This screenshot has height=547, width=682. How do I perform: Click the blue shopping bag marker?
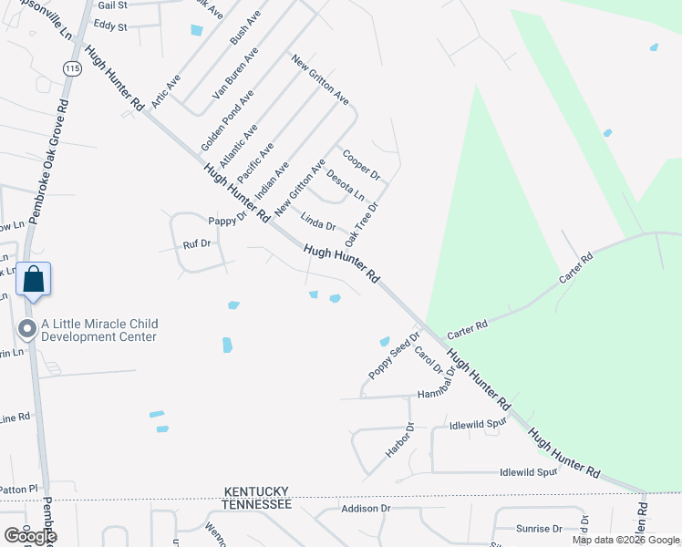tap(33, 280)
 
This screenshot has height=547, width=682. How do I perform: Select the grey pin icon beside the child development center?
tap(27, 329)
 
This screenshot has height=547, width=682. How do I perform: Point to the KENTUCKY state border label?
tap(258, 491)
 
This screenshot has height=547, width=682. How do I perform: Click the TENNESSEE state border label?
tap(258, 504)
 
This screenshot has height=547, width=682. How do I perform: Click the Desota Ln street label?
tap(346, 186)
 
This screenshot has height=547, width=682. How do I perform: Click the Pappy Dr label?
tap(228, 220)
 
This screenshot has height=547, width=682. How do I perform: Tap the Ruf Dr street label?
tap(197, 244)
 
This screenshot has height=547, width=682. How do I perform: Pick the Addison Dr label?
tap(365, 508)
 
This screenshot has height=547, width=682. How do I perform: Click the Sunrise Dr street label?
tap(538, 529)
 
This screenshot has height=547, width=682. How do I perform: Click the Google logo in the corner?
tap(29, 536)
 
